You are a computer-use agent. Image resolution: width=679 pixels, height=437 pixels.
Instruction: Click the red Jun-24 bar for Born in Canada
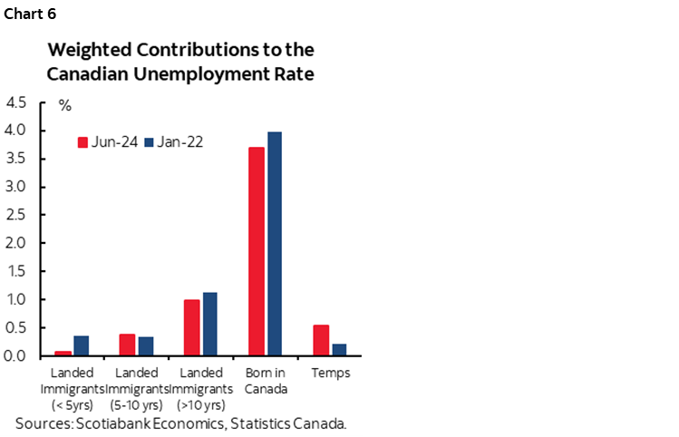click(257, 251)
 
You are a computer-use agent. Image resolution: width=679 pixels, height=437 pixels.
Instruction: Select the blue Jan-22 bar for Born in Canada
click(274, 244)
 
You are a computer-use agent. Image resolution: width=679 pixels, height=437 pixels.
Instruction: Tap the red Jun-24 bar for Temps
click(320, 340)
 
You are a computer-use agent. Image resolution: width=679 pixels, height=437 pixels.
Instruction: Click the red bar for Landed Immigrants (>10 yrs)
click(192, 327)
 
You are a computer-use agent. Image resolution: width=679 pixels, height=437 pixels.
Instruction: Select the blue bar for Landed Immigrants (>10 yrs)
click(210, 324)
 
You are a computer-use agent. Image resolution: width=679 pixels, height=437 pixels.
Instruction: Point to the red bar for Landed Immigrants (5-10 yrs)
click(128, 345)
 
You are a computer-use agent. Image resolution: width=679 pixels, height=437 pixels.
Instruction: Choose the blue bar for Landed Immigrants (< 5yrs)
click(82, 345)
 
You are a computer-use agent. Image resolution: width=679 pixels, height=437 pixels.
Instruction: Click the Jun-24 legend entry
click(107, 141)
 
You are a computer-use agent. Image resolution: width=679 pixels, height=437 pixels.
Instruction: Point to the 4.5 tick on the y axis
click(15, 102)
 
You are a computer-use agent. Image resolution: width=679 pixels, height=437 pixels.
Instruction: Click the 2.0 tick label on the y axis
click(15, 243)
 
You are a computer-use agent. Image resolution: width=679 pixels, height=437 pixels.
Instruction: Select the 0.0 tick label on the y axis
click(15, 355)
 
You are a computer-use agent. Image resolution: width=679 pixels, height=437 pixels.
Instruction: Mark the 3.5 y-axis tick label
click(15, 159)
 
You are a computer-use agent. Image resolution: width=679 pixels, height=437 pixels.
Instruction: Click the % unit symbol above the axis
click(64, 105)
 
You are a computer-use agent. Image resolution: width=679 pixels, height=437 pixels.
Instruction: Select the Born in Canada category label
click(266, 381)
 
